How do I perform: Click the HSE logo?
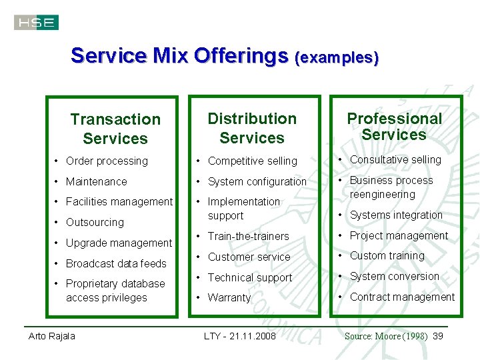[x=36, y=23]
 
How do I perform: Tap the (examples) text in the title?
[x=337, y=57]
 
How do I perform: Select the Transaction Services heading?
[x=115, y=129]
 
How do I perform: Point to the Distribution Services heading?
[x=252, y=128]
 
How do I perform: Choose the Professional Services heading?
[x=394, y=126]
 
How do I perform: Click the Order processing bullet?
[x=107, y=161]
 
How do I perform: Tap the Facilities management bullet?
[x=119, y=201]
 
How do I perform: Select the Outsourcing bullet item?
[x=95, y=222]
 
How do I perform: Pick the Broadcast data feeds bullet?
[x=116, y=263]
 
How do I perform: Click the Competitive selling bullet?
[x=253, y=161]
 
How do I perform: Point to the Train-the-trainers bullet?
[x=248, y=236]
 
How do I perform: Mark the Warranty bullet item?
[x=229, y=297]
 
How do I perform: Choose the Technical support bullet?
[x=250, y=277]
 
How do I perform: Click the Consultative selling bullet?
[x=395, y=159]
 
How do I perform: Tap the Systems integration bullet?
[x=396, y=215]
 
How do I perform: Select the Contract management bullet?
[x=402, y=297]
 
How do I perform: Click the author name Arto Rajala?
[x=51, y=335]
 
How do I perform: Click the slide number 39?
[x=438, y=335]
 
